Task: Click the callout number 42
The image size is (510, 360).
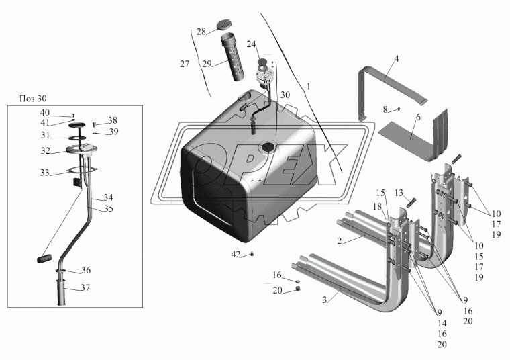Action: point(236,255)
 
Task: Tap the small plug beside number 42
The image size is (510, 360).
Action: point(251,254)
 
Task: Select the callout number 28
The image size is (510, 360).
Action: point(201,32)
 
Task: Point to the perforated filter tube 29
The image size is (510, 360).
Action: point(238,56)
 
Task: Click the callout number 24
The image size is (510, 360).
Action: point(252,44)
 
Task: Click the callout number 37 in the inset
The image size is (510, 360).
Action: point(86,287)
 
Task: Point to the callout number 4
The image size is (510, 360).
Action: point(397,59)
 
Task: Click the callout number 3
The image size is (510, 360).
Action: point(325,300)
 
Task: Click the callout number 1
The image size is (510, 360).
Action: point(309,87)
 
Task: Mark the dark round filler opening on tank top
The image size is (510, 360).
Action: point(268,146)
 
